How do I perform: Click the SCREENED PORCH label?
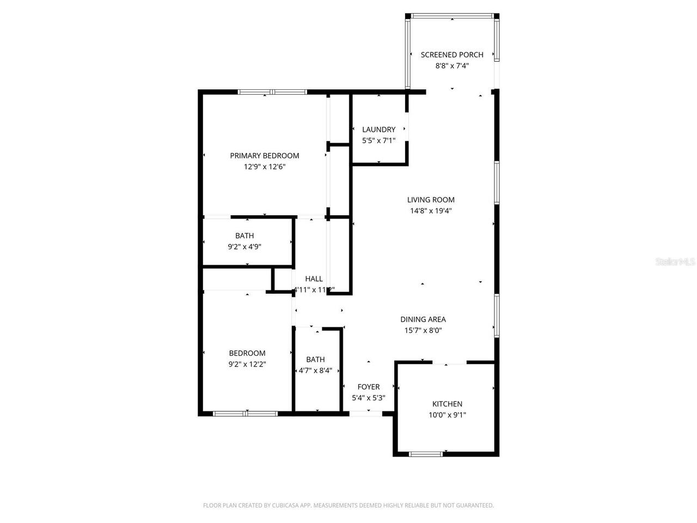pos(452,54)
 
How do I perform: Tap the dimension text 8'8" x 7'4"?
pos(452,66)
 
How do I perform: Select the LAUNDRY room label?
pos(378,130)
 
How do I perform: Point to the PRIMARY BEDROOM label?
pos(265,156)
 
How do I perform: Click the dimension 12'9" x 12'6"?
pos(265,167)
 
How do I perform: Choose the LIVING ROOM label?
pos(431,200)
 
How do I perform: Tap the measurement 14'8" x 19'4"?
pos(431,211)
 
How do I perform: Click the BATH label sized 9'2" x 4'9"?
pos(244,236)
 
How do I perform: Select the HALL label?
pos(314,279)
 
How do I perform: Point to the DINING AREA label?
pos(423,320)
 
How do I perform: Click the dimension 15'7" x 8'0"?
pos(423,331)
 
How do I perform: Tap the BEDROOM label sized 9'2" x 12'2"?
pos(247,354)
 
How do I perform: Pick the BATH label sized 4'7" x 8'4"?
pos(315,360)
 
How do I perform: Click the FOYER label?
pos(369,387)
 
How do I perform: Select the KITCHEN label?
pos(447,404)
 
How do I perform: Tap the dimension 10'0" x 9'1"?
pos(447,415)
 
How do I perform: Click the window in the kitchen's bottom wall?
pos(425,453)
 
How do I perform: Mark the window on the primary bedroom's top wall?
pos(272,92)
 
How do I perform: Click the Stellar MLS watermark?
pos(675,262)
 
